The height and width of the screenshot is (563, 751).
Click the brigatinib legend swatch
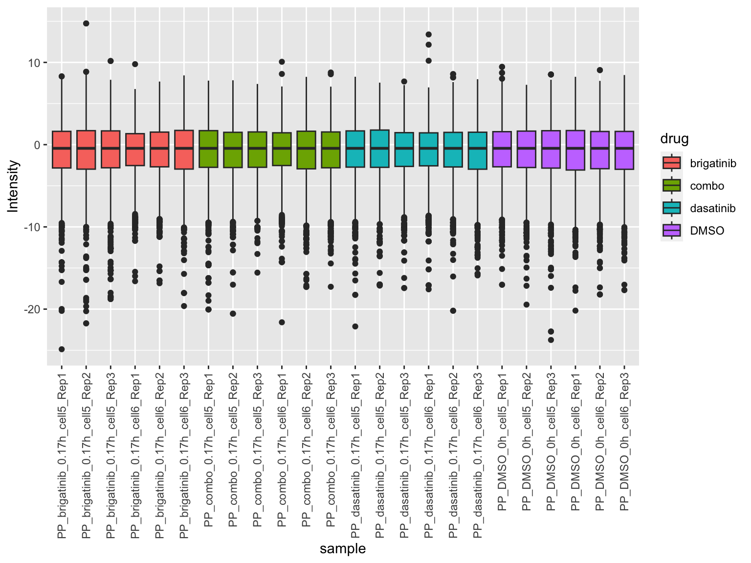pyautogui.click(x=671, y=163)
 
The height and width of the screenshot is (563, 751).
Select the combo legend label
pyautogui.click(x=707, y=186)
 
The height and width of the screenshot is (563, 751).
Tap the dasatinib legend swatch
pyautogui.click(x=671, y=208)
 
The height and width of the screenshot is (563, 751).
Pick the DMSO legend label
pyautogui.click(x=707, y=231)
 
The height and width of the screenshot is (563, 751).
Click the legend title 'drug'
pyautogui.click(x=674, y=139)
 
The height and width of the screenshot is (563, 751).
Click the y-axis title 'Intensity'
pyautogui.click(x=14, y=186)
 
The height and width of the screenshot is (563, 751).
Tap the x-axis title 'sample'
pyautogui.click(x=343, y=549)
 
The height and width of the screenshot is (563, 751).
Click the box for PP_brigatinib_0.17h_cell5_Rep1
pyautogui.click(x=62, y=150)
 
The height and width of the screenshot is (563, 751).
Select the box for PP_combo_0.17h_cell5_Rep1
pyautogui.click(x=208, y=149)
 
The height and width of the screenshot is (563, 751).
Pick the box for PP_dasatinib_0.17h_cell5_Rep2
pyautogui.click(x=379, y=149)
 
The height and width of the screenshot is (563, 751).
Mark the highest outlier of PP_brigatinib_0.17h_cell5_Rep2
pyautogui.click(x=86, y=23)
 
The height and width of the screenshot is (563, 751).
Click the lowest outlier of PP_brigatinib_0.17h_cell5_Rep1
pyautogui.click(x=62, y=349)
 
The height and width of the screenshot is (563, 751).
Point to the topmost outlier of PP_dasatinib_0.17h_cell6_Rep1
pyautogui.click(x=428, y=34)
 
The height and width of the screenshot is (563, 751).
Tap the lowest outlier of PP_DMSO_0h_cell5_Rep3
pyautogui.click(x=551, y=340)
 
